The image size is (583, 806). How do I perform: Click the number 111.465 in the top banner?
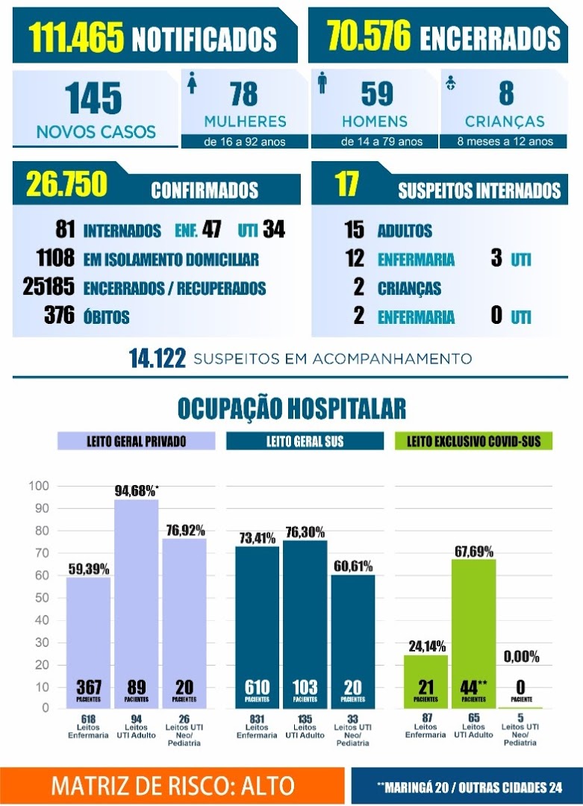(76, 37)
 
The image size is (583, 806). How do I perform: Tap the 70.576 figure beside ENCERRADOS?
(369, 35)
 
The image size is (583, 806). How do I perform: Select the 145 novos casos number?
(93, 99)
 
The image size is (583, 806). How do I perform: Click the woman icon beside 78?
(193, 83)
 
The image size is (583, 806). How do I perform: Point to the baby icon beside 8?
(451, 82)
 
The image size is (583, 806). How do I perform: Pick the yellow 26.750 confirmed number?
(66, 184)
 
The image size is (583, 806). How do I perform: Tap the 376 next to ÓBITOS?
(59, 316)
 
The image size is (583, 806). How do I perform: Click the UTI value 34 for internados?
(274, 229)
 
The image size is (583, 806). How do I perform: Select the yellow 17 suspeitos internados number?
(346, 184)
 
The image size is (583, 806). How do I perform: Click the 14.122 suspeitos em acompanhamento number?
(158, 359)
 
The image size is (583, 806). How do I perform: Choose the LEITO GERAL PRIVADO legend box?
(137, 441)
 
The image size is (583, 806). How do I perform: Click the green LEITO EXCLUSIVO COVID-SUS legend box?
(473, 441)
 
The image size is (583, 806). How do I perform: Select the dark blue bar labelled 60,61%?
(352, 642)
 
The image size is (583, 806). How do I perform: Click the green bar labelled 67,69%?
(473, 634)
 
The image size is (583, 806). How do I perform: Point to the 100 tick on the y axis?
(39, 486)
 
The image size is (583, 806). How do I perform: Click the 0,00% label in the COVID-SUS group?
(521, 657)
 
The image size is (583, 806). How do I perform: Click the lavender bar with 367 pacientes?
(88, 643)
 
